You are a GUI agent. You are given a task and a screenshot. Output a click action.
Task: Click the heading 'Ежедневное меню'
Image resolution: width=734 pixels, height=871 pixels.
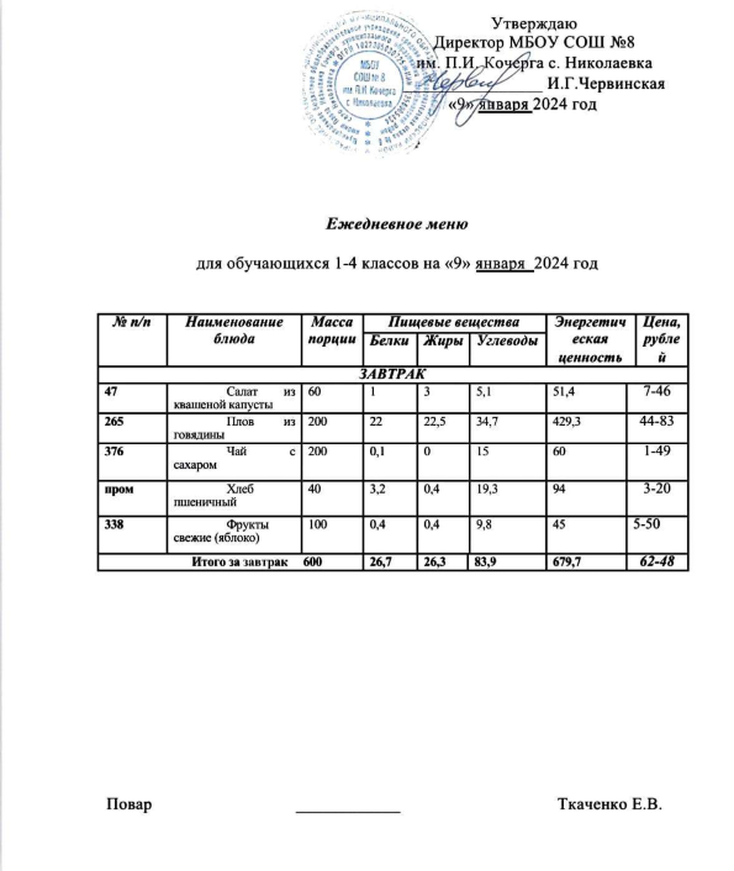coord(397,224)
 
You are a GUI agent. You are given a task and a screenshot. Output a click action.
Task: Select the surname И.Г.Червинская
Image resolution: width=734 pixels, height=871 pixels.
coord(605,84)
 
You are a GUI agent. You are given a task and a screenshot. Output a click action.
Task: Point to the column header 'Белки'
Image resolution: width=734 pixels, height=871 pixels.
coord(389,341)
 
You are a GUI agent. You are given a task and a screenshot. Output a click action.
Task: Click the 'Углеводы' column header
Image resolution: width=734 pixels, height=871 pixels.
coord(507,341)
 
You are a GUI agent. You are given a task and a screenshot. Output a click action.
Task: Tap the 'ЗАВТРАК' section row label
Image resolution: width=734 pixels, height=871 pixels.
coord(392,375)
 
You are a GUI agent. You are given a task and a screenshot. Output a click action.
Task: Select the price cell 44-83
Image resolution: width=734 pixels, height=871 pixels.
coord(657,421)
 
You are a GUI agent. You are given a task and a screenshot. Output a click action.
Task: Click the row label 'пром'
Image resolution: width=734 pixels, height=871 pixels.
coord(118,488)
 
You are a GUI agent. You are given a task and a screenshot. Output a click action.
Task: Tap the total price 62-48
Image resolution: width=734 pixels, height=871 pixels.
coord(657,561)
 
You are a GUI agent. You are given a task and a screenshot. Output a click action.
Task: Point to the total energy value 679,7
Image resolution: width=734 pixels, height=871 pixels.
coord(563,562)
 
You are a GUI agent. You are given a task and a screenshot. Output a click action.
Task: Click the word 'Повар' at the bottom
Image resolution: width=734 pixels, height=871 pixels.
coord(129,804)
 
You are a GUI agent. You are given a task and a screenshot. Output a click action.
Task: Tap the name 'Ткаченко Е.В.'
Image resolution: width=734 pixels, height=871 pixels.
coord(609,804)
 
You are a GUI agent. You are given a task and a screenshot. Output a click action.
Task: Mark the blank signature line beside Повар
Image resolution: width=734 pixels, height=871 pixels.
coord(348,810)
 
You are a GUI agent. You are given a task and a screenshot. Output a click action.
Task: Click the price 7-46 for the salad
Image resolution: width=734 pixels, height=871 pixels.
coord(657,391)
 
